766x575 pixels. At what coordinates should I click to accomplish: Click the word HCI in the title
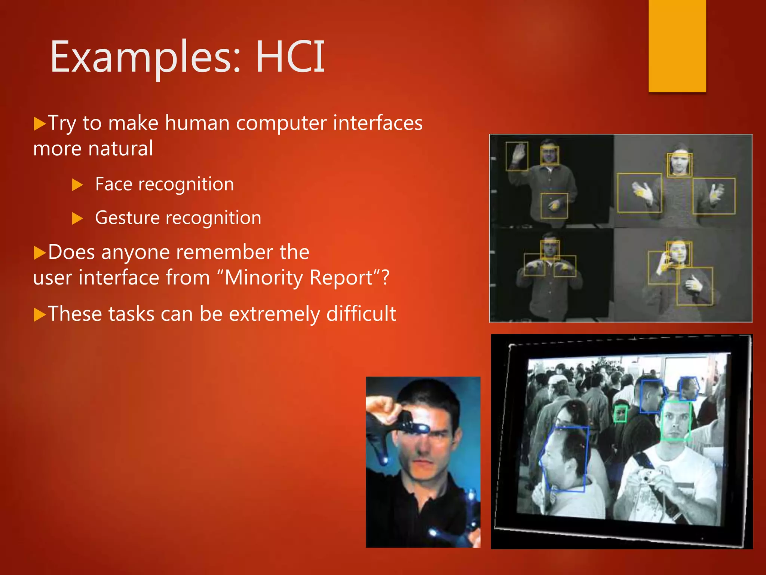click(x=290, y=57)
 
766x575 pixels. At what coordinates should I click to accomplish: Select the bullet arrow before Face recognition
click(x=77, y=185)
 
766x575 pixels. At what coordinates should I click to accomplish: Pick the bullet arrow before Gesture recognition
click(x=77, y=218)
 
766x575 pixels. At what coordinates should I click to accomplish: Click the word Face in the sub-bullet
click(x=114, y=184)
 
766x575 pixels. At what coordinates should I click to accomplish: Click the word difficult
click(x=361, y=314)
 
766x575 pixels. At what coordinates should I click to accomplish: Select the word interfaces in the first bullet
click(x=378, y=123)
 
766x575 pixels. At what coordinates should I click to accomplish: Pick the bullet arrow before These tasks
click(x=39, y=314)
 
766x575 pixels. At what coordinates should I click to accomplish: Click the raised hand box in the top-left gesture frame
click(x=517, y=156)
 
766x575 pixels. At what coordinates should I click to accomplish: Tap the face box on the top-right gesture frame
click(x=679, y=165)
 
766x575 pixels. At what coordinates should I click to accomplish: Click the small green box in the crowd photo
click(x=621, y=414)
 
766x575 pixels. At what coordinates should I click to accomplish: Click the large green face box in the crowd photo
click(x=675, y=420)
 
